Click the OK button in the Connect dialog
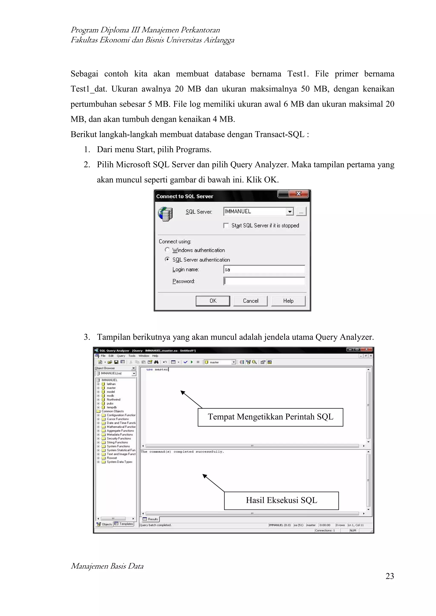tap(213, 301)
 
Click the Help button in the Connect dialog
tap(288, 301)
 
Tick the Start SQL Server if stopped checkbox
tap(226, 225)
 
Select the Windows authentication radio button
tap(167, 250)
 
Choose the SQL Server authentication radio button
tap(167, 259)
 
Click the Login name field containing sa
tap(264, 269)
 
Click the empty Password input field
tap(264, 281)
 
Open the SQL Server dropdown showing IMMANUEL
tap(289, 212)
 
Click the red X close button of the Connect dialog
tap(298, 193)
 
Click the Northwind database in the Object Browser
tap(113, 399)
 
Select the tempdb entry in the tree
tap(112, 407)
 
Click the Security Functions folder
tap(119, 438)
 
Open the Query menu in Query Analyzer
tap(121, 356)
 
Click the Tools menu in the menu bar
tap(132, 356)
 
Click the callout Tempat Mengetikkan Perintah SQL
tap(270, 417)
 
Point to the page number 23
tap(390, 576)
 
